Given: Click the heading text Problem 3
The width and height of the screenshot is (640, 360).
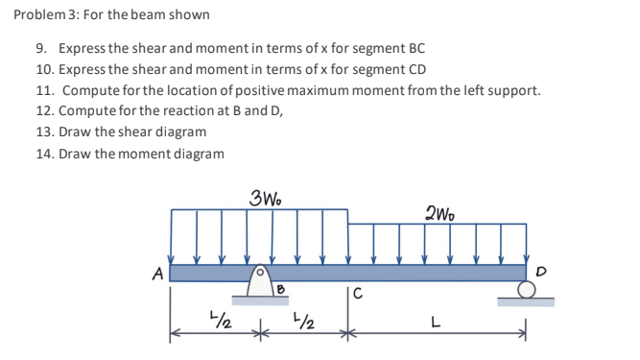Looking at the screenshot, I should (x=42, y=15).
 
